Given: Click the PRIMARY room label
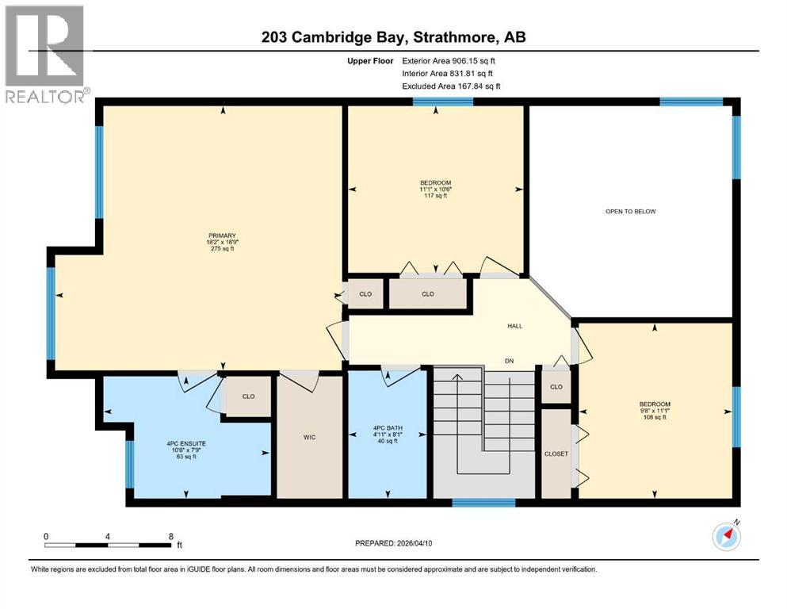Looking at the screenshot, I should click(221, 235).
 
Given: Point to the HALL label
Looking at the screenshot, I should click(514, 326).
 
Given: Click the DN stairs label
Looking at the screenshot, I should click(510, 362).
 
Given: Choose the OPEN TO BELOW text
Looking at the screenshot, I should click(631, 212).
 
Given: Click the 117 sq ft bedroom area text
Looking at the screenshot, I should click(434, 196).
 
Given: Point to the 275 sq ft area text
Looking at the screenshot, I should click(221, 249).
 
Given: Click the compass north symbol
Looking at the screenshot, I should click(727, 536).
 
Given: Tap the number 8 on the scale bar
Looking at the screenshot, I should click(170, 536).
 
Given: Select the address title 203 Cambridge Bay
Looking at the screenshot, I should click(393, 37).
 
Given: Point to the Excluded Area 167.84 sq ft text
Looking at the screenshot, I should click(452, 86).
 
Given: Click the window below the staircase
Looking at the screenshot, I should click(483, 502).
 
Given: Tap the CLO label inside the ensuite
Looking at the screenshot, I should click(248, 396).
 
